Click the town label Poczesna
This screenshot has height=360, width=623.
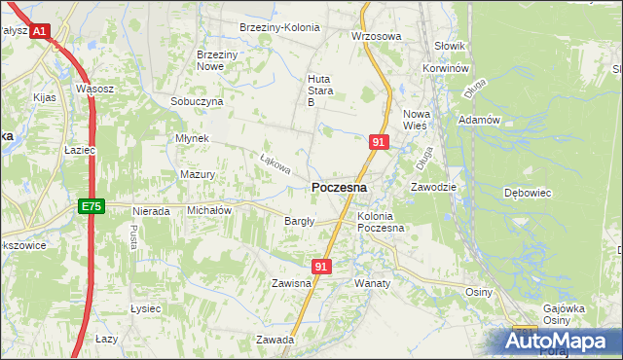[x=339, y=188]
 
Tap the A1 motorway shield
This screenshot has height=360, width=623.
[x=39, y=32]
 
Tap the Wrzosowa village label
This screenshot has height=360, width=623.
[x=376, y=36]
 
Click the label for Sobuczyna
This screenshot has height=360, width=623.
[x=197, y=101]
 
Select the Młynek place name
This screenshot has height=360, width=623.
[x=192, y=138]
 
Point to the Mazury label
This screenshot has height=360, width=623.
[x=197, y=175]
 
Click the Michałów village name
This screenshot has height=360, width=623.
[x=208, y=210]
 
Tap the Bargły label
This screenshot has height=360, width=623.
[x=299, y=221]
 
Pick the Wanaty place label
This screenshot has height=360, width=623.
[x=372, y=283]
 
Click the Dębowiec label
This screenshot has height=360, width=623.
[x=528, y=193]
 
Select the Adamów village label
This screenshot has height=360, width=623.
[x=478, y=120]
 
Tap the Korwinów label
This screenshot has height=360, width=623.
[x=447, y=70]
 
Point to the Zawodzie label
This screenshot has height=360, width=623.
[x=433, y=186]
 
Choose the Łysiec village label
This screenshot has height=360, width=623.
[x=145, y=308]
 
